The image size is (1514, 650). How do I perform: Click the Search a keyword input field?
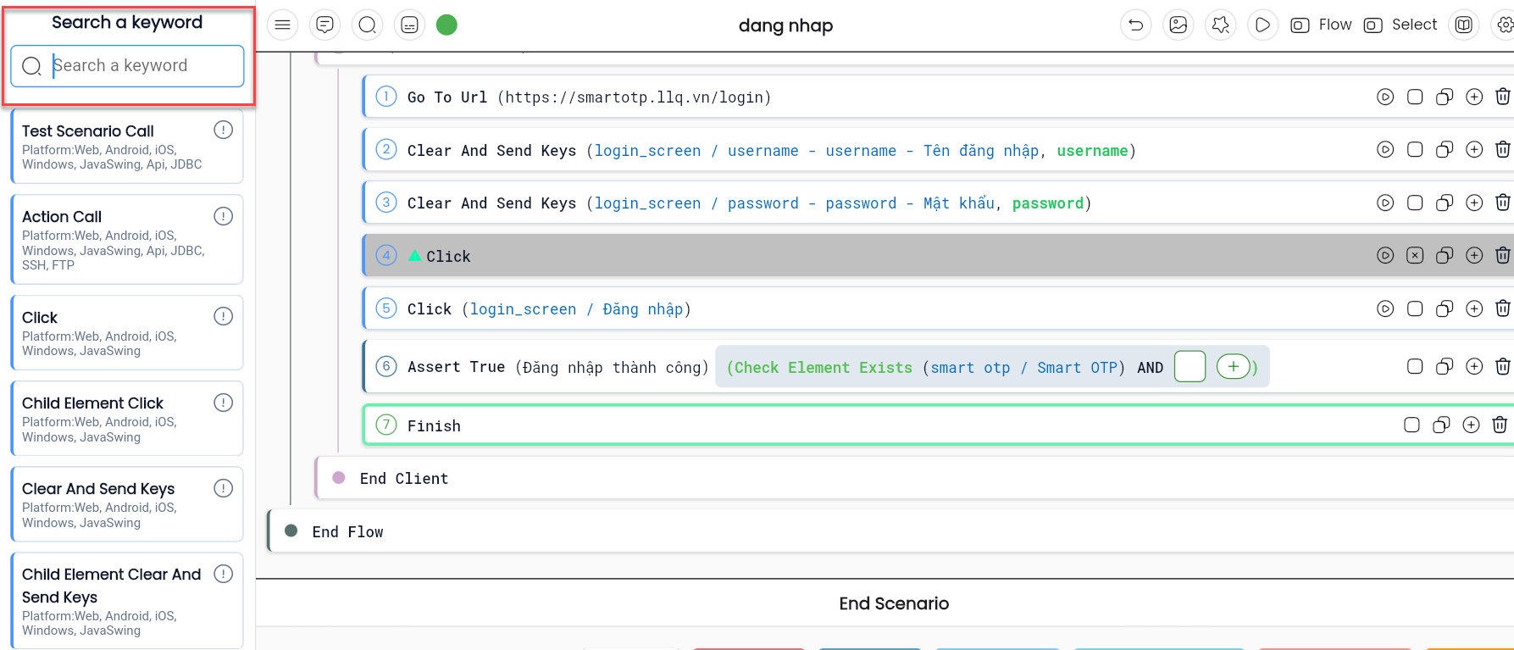tap(127, 66)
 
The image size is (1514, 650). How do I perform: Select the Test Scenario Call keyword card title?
tap(88, 131)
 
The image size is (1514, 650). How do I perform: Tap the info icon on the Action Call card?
tap(224, 216)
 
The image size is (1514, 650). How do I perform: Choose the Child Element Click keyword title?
tap(92, 403)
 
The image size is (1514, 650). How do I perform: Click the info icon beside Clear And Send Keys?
tap(224, 488)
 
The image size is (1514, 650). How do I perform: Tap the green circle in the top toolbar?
tap(446, 25)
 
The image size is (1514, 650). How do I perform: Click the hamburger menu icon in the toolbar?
tap(283, 25)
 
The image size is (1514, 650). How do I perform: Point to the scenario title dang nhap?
tap(785, 26)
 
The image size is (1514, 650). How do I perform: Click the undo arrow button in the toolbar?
tap(1136, 25)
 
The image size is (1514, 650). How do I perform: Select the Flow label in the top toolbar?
tap(1335, 25)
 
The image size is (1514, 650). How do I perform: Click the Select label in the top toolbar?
tap(1414, 25)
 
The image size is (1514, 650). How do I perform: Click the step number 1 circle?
tap(386, 97)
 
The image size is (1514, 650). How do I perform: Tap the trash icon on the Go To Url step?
tap(1502, 97)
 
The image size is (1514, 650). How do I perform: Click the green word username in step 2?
tap(1092, 151)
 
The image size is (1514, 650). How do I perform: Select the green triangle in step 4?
tap(415, 255)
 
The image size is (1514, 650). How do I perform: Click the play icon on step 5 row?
tap(1385, 308)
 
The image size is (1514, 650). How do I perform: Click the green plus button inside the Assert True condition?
tap(1234, 367)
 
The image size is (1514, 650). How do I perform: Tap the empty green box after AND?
tap(1190, 367)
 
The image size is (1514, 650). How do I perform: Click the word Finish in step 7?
tap(434, 426)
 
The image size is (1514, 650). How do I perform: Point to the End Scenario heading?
tap(894, 603)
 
